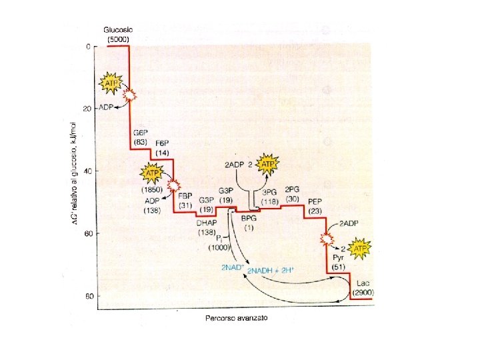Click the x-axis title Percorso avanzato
[236, 318]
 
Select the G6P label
[140, 133]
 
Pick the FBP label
[185, 196]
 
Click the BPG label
[249, 218]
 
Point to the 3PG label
[269, 192]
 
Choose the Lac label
[363, 283]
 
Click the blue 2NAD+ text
[233, 267]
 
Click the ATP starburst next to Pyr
[359, 249]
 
